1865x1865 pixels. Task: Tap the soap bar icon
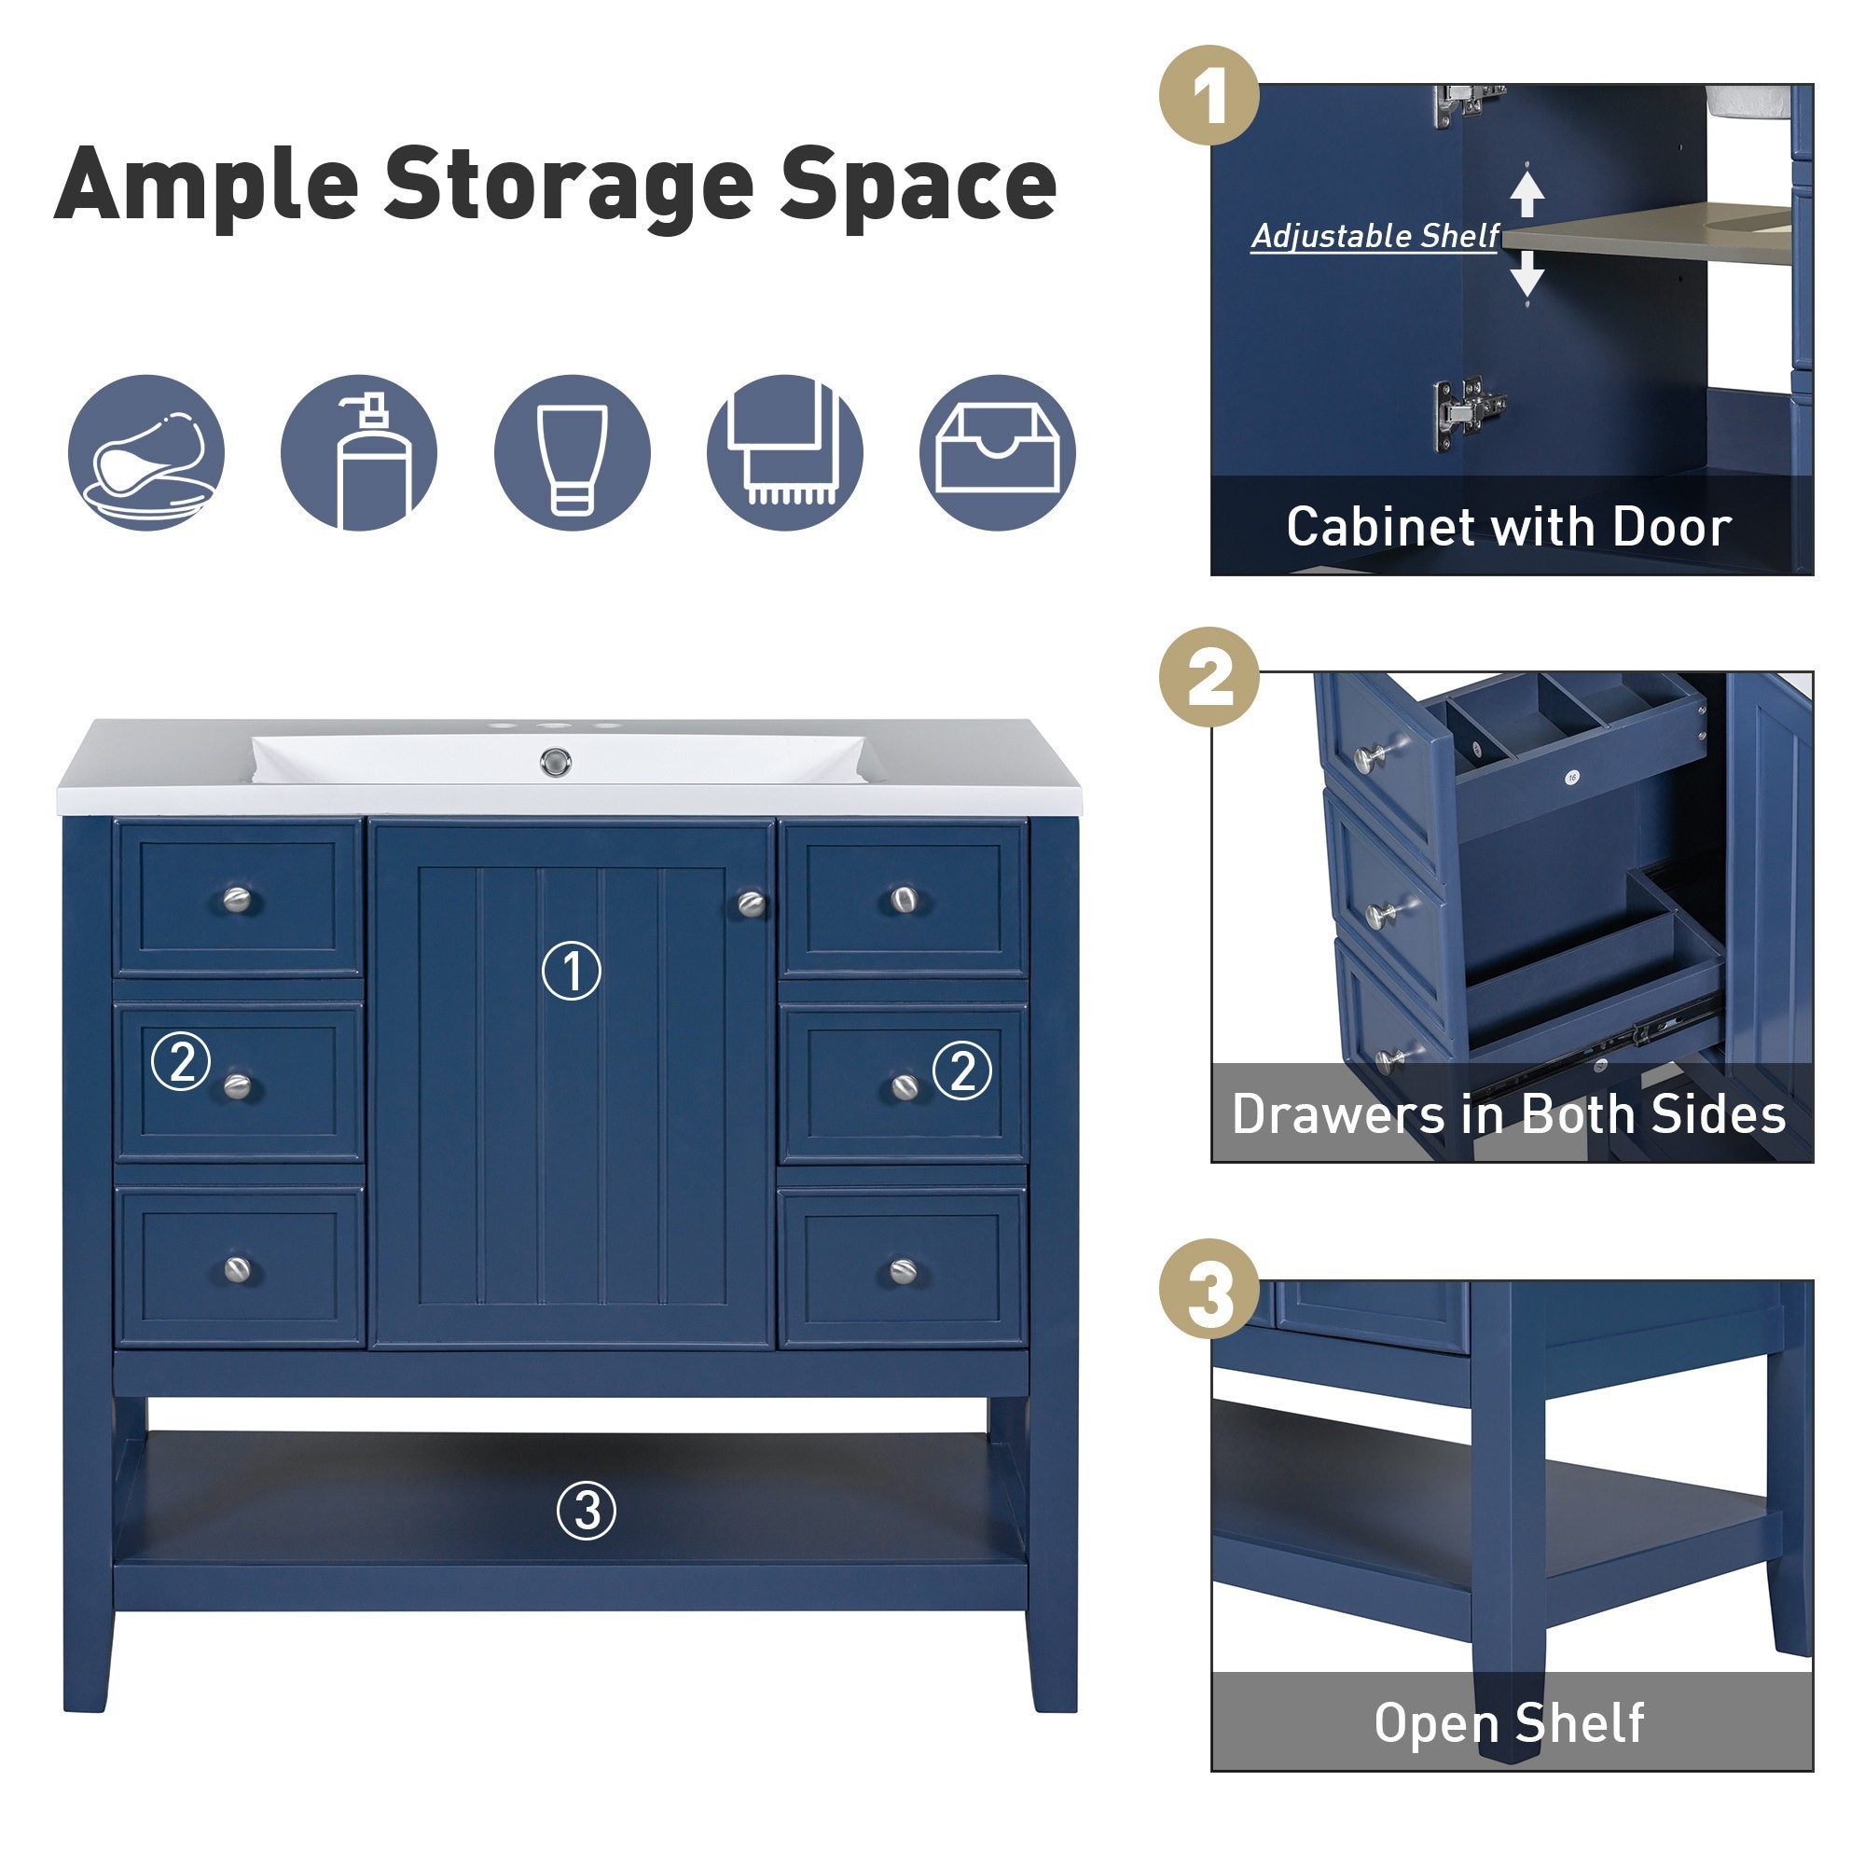click(146, 453)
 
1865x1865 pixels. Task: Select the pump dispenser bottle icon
click(359, 453)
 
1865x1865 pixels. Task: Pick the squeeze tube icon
click(573, 453)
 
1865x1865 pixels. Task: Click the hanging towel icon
click(785, 453)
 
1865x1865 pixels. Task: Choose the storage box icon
click(997, 453)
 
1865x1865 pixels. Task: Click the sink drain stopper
click(555, 763)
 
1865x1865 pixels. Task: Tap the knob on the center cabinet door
click(751, 905)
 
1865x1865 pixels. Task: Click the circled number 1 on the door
click(572, 970)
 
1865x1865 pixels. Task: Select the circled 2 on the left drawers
click(182, 1061)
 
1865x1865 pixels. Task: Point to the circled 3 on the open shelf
click(586, 1511)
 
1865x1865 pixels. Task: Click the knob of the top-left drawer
click(237, 901)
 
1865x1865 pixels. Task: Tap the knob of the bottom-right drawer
click(904, 1271)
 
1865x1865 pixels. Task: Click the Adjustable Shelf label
click(1375, 237)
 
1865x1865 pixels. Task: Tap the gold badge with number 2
click(1209, 677)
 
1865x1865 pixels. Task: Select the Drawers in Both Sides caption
click(1509, 1114)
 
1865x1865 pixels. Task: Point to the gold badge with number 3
click(1209, 1289)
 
